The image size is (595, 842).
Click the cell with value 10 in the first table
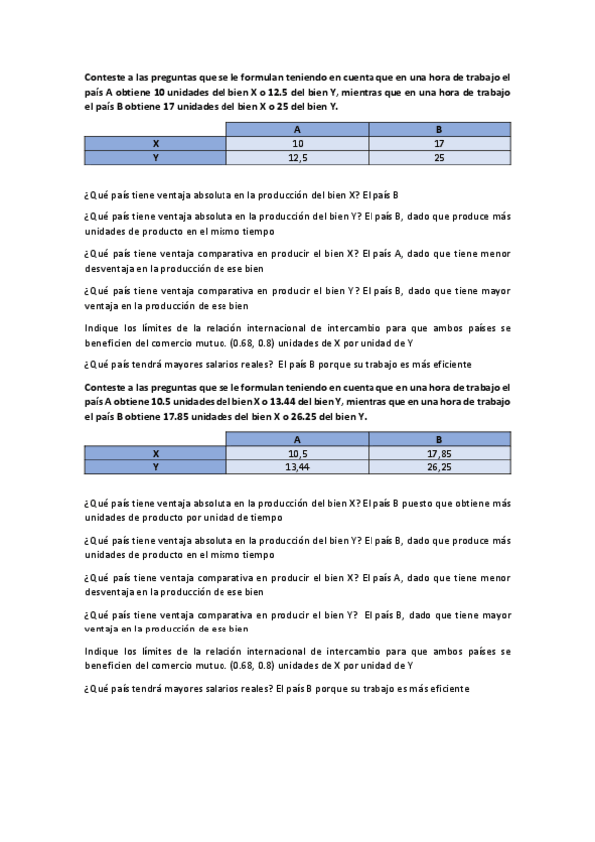(297, 144)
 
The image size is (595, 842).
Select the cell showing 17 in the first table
(438, 144)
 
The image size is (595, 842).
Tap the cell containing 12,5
(297, 157)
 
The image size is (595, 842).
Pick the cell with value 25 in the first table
(438, 157)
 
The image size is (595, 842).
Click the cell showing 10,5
(297, 453)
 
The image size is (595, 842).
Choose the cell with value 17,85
(438, 453)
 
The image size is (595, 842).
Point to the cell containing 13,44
(297, 466)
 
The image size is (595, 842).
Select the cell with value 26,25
(438, 466)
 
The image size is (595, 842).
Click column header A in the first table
(297, 130)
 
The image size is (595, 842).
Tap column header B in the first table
(438, 130)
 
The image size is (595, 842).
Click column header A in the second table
(297, 439)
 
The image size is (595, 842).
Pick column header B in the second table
(438, 439)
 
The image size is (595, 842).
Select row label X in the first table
(155, 144)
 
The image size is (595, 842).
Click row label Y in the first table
(155, 157)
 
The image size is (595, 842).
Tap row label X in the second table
(155, 453)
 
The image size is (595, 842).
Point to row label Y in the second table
(155, 466)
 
